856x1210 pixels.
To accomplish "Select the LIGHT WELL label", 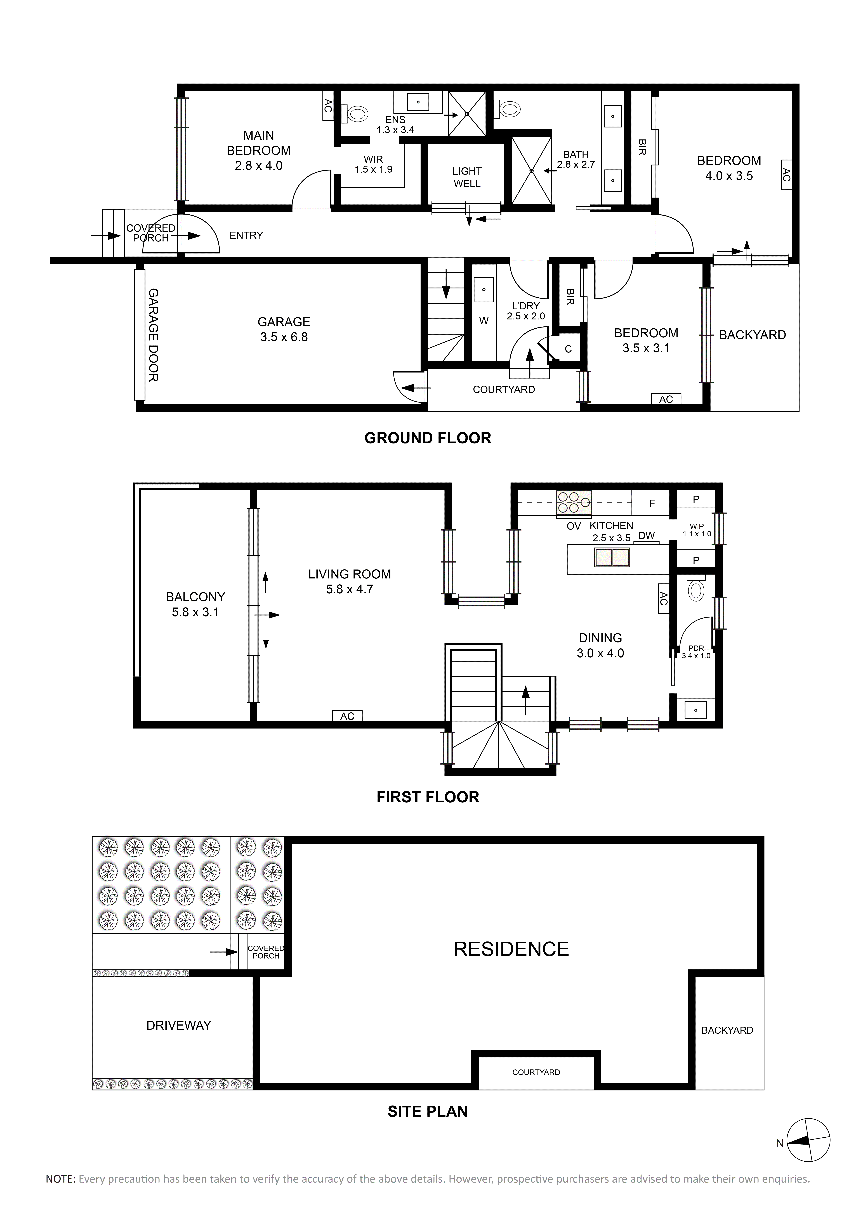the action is pyautogui.click(x=467, y=177).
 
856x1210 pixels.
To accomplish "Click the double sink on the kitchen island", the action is pyautogui.click(x=612, y=557).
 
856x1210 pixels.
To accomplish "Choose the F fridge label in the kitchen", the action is pyautogui.click(x=652, y=503).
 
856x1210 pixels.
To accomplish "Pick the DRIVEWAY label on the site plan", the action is pyautogui.click(x=179, y=1025).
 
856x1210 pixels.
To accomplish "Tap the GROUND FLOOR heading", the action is pyautogui.click(x=428, y=438).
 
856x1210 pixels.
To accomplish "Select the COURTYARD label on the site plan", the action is pyautogui.click(x=536, y=1072).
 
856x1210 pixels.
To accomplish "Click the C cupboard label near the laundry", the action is pyautogui.click(x=568, y=349).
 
